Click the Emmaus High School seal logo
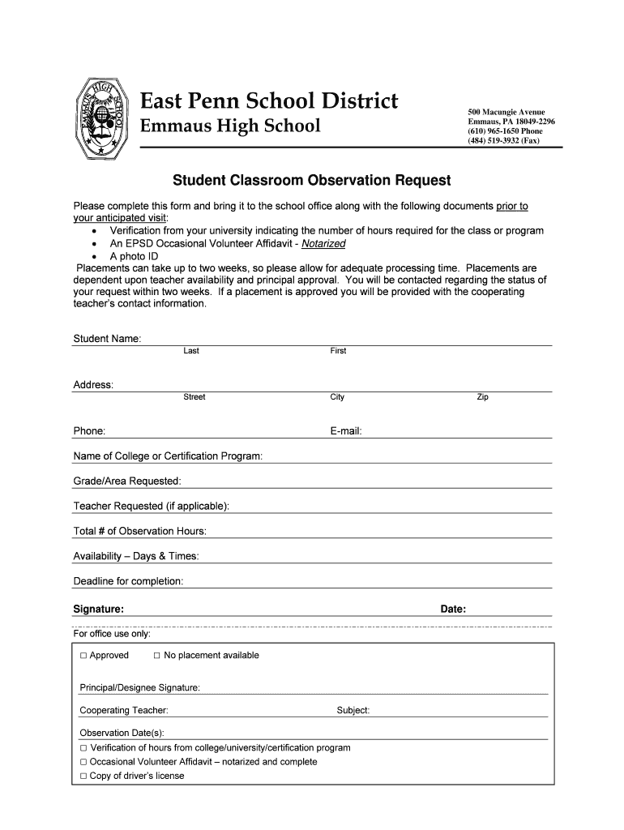coord(101,117)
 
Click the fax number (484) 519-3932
coord(503,140)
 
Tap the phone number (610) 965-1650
coord(504,130)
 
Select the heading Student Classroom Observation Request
coord(311,179)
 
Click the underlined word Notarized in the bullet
coord(323,243)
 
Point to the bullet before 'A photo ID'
coord(96,256)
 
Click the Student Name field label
coord(108,338)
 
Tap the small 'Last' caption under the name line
coord(191,351)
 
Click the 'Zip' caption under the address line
coord(482,397)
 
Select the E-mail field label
coord(345,431)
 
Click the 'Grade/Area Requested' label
coord(127,481)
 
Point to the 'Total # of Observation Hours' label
coord(140,531)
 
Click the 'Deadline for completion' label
coord(129,581)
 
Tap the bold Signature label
coord(99,609)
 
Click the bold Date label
coord(453,609)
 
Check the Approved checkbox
coord(83,656)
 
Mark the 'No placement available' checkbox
coord(157,656)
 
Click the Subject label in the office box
coord(353,710)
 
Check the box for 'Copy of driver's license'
coord(83,777)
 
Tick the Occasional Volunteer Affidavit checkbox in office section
coord(83,763)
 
